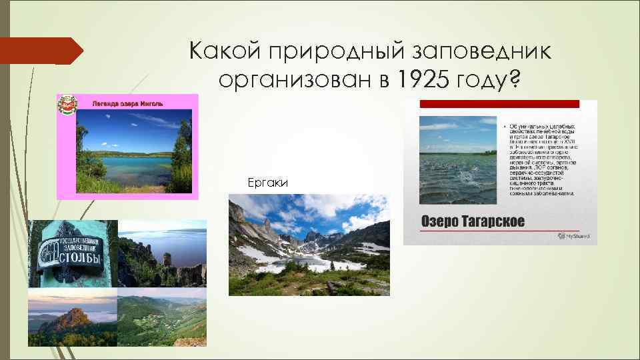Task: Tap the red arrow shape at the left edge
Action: (40, 51)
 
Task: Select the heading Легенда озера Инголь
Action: (123, 103)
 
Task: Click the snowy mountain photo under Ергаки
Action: (309, 245)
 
